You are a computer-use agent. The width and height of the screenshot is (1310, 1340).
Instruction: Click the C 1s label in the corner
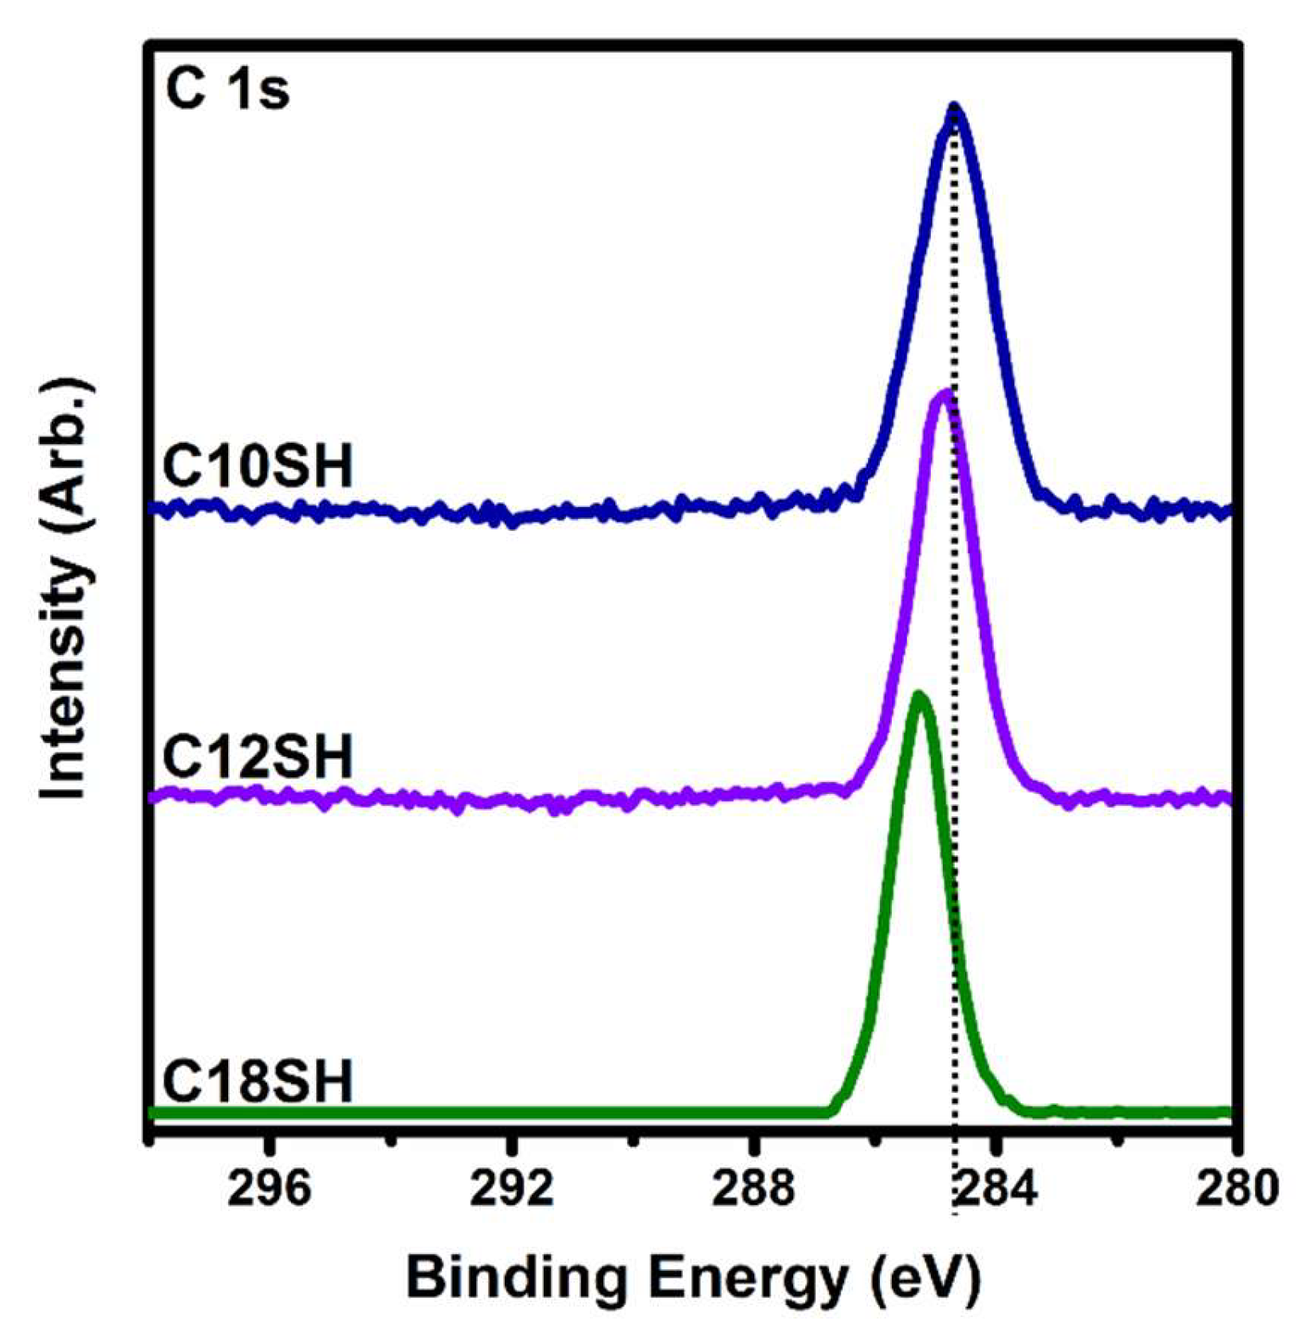point(227,91)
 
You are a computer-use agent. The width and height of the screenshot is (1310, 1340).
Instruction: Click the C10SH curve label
point(257,467)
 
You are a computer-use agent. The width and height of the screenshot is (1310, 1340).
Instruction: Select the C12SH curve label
point(257,757)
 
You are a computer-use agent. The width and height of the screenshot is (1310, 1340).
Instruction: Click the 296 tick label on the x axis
point(268,1189)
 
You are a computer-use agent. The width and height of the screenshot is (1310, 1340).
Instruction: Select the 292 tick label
point(511,1189)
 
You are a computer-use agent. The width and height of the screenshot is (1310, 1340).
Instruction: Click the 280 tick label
point(1234,1189)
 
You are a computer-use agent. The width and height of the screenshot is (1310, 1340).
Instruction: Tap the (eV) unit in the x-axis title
point(926,1280)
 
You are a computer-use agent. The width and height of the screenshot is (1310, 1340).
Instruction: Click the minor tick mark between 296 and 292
point(390,1142)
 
